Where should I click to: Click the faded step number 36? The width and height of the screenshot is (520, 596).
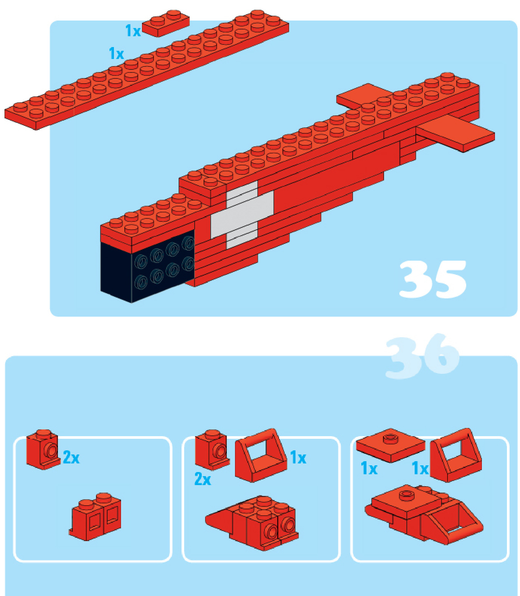tap(422, 356)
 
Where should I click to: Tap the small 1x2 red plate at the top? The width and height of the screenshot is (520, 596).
tap(166, 23)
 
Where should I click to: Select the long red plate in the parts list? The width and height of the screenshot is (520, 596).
tap(146, 70)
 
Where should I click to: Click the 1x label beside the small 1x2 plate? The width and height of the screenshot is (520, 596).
tap(133, 31)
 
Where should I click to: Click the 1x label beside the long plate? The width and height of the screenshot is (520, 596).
tap(117, 54)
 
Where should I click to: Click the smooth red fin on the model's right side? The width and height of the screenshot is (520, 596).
tap(456, 133)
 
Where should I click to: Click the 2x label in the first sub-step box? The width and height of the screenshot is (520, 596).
tap(71, 457)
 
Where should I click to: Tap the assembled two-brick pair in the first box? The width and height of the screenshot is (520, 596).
tap(95, 516)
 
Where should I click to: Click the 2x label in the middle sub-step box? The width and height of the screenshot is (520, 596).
tap(203, 479)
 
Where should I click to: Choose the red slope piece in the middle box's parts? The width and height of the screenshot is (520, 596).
tap(261, 455)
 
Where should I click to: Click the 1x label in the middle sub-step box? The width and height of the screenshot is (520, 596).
tap(298, 457)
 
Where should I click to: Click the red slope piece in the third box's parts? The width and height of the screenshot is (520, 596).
tap(456, 455)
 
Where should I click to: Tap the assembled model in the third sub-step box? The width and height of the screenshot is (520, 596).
tap(424, 515)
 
